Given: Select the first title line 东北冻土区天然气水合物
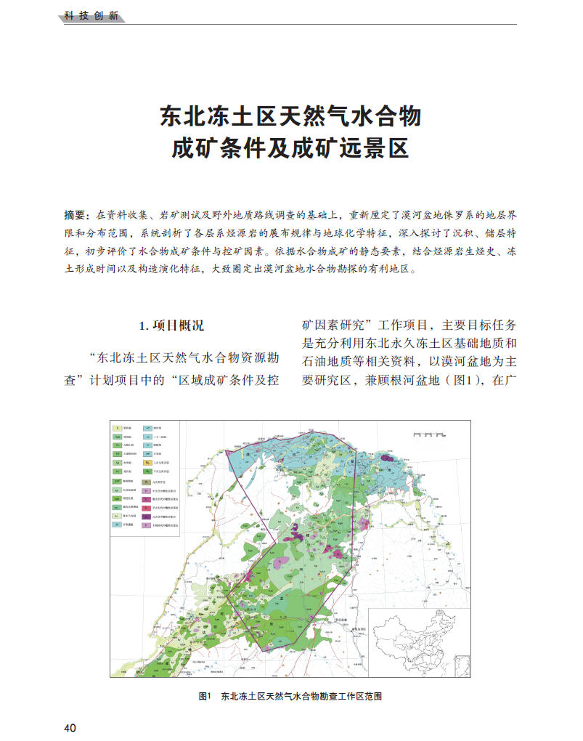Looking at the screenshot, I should click(290, 116).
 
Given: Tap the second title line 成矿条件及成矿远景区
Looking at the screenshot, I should click(290, 147).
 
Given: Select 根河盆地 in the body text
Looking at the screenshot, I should click(417, 379).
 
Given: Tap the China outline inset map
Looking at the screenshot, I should click(419, 639).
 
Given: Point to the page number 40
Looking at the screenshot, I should click(70, 728).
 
